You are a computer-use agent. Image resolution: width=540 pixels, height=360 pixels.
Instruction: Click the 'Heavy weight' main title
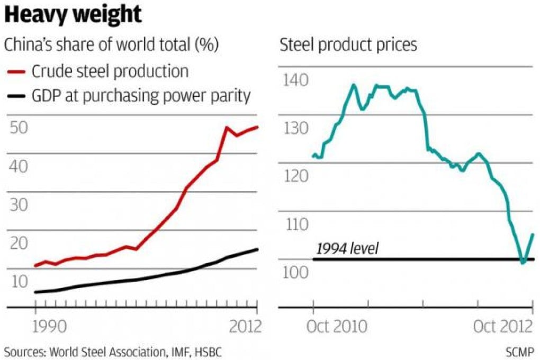(74, 15)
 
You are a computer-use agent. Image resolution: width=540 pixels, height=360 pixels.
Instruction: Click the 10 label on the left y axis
(19, 281)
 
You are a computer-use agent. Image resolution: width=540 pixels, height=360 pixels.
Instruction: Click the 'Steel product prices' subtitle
(348, 45)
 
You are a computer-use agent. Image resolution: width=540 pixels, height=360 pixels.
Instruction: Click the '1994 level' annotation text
(347, 248)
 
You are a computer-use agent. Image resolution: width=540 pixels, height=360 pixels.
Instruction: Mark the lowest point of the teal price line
(523, 262)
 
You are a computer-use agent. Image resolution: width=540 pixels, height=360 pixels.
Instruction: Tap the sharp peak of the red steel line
(227, 128)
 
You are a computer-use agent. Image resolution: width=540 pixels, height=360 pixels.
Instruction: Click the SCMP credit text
(520, 351)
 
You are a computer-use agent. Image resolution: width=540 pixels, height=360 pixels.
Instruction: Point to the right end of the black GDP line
(257, 249)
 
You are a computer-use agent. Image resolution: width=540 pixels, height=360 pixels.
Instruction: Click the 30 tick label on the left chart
(20, 204)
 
